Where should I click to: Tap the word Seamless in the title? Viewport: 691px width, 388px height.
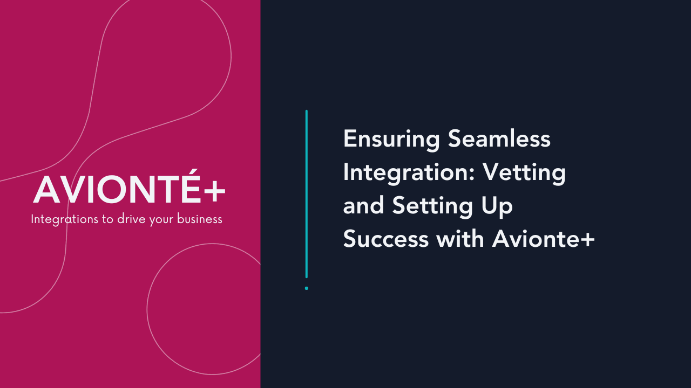pyautogui.click(x=499, y=139)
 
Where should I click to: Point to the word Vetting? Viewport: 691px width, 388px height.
pyautogui.click(x=524, y=173)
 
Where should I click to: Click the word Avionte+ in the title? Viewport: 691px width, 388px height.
pyautogui.click(x=543, y=239)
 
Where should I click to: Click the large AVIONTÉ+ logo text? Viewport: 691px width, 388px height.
pyautogui.click(x=130, y=190)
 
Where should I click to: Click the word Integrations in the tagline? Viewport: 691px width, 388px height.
pyautogui.click(x=62, y=219)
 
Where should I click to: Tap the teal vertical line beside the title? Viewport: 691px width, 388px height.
pyautogui.click(x=307, y=194)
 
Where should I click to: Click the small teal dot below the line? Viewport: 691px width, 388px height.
pyautogui.click(x=307, y=288)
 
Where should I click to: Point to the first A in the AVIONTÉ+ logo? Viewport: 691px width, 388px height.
pyautogui.click(x=47, y=191)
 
